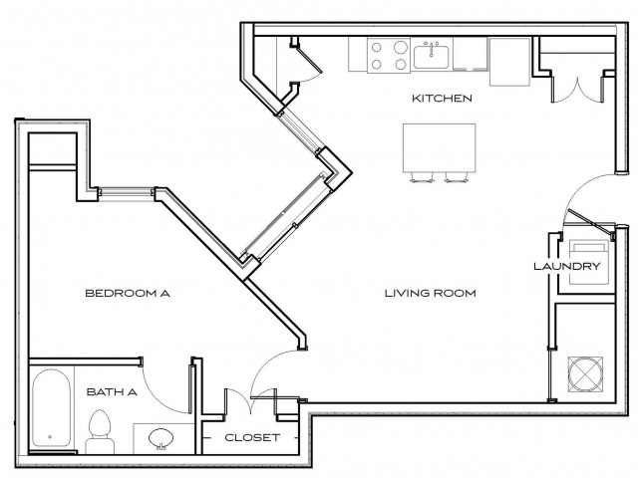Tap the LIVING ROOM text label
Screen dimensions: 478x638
coord(431,294)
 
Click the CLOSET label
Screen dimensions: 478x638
coord(251,438)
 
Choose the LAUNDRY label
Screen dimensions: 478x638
coord(566,267)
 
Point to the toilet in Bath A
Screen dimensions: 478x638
coord(98,430)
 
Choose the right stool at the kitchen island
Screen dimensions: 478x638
coord(457,179)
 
